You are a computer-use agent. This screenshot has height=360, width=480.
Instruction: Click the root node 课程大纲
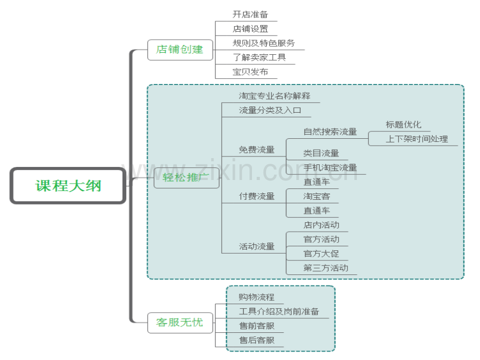pyautogui.click(x=68, y=186)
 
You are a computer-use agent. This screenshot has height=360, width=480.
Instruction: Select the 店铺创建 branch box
pyautogui.click(x=180, y=50)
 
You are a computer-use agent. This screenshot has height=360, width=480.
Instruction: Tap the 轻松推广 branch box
pyautogui.click(x=186, y=177)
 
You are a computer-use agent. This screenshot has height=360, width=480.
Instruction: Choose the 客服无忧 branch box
pyautogui.click(x=180, y=322)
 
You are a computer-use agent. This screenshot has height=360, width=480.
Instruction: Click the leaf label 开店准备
pyautogui.click(x=250, y=15)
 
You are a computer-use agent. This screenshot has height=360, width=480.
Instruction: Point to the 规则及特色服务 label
pyautogui.click(x=263, y=43)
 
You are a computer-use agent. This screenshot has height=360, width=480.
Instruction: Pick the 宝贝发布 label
pyautogui.click(x=250, y=72)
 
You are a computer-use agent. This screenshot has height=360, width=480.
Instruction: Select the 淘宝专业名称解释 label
pyautogui.click(x=274, y=96)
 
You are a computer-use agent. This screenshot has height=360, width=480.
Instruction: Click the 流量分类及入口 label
pyautogui.click(x=270, y=111)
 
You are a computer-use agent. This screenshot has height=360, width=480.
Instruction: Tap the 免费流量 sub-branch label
pyautogui.click(x=257, y=150)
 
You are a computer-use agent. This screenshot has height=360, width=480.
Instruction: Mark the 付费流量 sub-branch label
pyautogui.click(x=257, y=196)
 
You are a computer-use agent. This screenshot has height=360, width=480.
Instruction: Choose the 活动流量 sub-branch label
pyautogui.click(x=257, y=246)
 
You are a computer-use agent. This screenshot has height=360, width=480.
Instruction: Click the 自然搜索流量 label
pyautogui.click(x=330, y=132)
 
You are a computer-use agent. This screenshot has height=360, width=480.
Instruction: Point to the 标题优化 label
pyautogui.click(x=403, y=125)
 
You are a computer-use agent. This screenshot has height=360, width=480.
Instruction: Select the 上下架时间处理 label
pyautogui.click(x=417, y=139)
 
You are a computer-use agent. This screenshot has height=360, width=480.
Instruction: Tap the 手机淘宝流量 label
pyautogui.click(x=330, y=168)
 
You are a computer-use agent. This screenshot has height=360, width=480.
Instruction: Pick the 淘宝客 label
pyautogui.click(x=317, y=196)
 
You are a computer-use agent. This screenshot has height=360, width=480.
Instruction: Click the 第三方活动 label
pyautogui.click(x=326, y=268)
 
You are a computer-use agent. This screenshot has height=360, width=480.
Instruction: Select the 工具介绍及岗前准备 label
pyautogui.click(x=279, y=311)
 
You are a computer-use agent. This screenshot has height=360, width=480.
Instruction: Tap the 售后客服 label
pyautogui.click(x=257, y=340)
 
